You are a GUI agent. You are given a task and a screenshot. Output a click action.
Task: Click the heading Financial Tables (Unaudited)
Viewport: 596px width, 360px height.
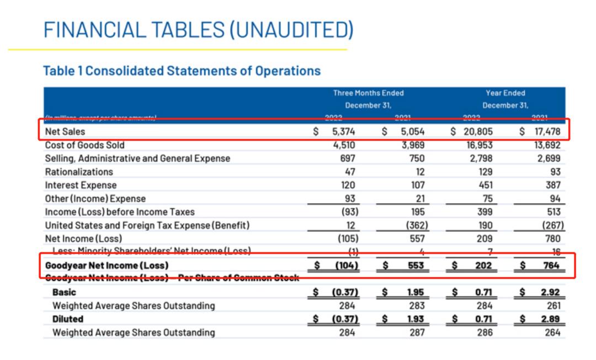click(x=198, y=29)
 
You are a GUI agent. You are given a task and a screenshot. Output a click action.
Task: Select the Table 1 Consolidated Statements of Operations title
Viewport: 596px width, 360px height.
click(x=182, y=71)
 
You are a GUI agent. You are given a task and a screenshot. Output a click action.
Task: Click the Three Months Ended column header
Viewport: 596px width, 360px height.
click(x=368, y=93)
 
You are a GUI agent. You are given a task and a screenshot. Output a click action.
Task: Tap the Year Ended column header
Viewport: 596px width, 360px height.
click(x=505, y=93)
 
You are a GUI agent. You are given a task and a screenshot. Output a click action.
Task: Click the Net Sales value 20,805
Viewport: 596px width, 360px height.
click(x=478, y=133)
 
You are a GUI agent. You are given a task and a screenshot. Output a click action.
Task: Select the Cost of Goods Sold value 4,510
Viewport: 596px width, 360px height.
click(x=345, y=146)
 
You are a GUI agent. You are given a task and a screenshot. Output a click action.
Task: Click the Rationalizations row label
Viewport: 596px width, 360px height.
click(x=79, y=172)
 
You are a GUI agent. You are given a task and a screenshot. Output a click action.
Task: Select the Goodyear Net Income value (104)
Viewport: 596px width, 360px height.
click(x=347, y=265)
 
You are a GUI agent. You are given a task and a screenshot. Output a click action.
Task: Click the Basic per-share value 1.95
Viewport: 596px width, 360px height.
click(x=415, y=292)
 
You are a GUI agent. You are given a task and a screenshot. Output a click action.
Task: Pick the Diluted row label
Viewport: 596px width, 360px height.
click(x=68, y=319)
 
